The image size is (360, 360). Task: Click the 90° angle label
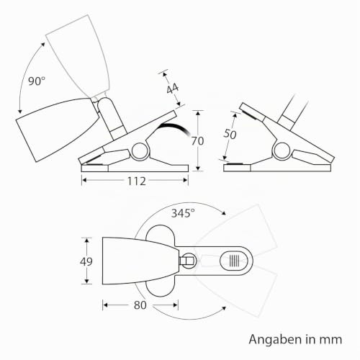[37, 81]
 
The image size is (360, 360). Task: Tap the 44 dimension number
[173, 89]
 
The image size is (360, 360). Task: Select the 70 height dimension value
[197, 141]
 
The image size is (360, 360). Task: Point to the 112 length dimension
[136, 181]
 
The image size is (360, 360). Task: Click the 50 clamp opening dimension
[230, 134]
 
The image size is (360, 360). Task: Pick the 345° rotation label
[183, 213]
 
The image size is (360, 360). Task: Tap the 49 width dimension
[86, 261]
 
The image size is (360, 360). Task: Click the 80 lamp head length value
[140, 305]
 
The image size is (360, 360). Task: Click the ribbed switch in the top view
[234, 261]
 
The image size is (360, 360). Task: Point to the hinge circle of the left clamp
[140, 151]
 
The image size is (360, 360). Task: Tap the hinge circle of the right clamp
[282, 151]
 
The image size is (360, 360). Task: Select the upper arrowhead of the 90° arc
[43, 45]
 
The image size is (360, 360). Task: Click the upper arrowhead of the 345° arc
[224, 213]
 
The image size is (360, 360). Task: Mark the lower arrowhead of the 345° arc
[224, 308]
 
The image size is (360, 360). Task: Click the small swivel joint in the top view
[188, 261]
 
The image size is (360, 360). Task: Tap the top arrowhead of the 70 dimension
[198, 113]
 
